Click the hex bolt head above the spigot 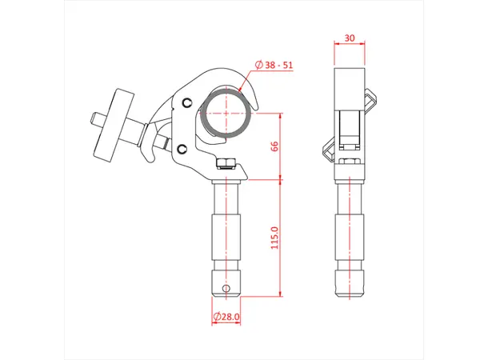[x=226, y=164]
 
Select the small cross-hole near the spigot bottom [x=226, y=287]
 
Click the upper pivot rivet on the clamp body [x=186, y=103]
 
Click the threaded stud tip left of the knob [x=94, y=119]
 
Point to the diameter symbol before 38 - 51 [x=258, y=65]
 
